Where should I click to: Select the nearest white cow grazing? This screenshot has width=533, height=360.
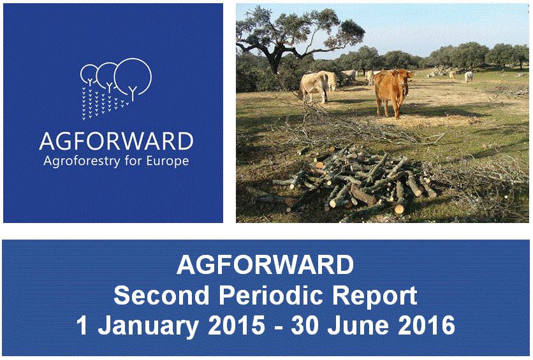(x=314, y=86)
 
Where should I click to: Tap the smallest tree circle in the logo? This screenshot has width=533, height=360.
(x=89, y=72)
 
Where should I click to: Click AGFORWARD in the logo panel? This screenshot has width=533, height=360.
(x=116, y=141)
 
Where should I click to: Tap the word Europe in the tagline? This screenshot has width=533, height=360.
(x=168, y=162)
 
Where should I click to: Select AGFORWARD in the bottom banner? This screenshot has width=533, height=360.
(x=265, y=264)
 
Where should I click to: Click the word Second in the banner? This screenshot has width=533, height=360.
(x=161, y=295)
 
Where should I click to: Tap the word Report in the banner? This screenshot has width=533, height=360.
(x=375, y=296)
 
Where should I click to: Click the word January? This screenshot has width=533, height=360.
(x=148, y=326)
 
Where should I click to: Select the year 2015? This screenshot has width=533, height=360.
(x=237, y=326)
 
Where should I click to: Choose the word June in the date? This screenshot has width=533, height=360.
(x=358, y=326)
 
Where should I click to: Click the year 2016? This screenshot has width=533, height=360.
(x=427, y=326)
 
